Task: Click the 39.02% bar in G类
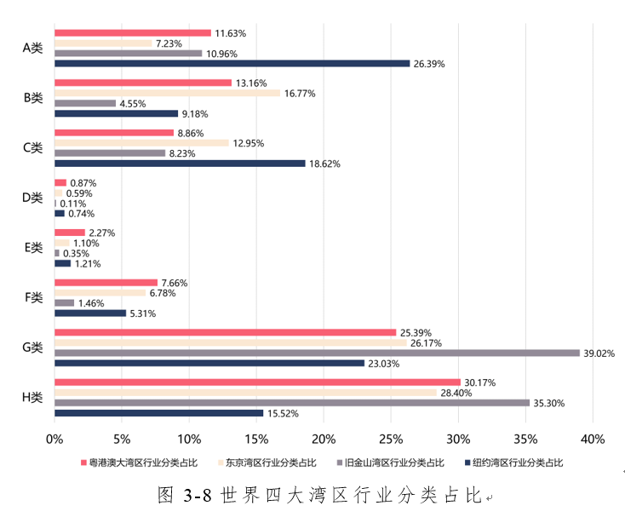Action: (317, 353)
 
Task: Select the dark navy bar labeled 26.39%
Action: (232, 63)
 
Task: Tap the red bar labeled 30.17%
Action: (257, 382)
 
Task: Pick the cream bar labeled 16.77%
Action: (167, 93)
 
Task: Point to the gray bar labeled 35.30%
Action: (292, 403)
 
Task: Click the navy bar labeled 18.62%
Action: (180, 164)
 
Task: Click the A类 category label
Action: (32, 48)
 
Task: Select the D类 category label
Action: (32, 198)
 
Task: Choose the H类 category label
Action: (32, 398)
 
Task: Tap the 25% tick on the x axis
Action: (391, 439)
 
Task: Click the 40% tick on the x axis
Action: (592, 439)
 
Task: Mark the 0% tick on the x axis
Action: (54, 439)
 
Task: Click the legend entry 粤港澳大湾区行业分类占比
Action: (135, 462)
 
